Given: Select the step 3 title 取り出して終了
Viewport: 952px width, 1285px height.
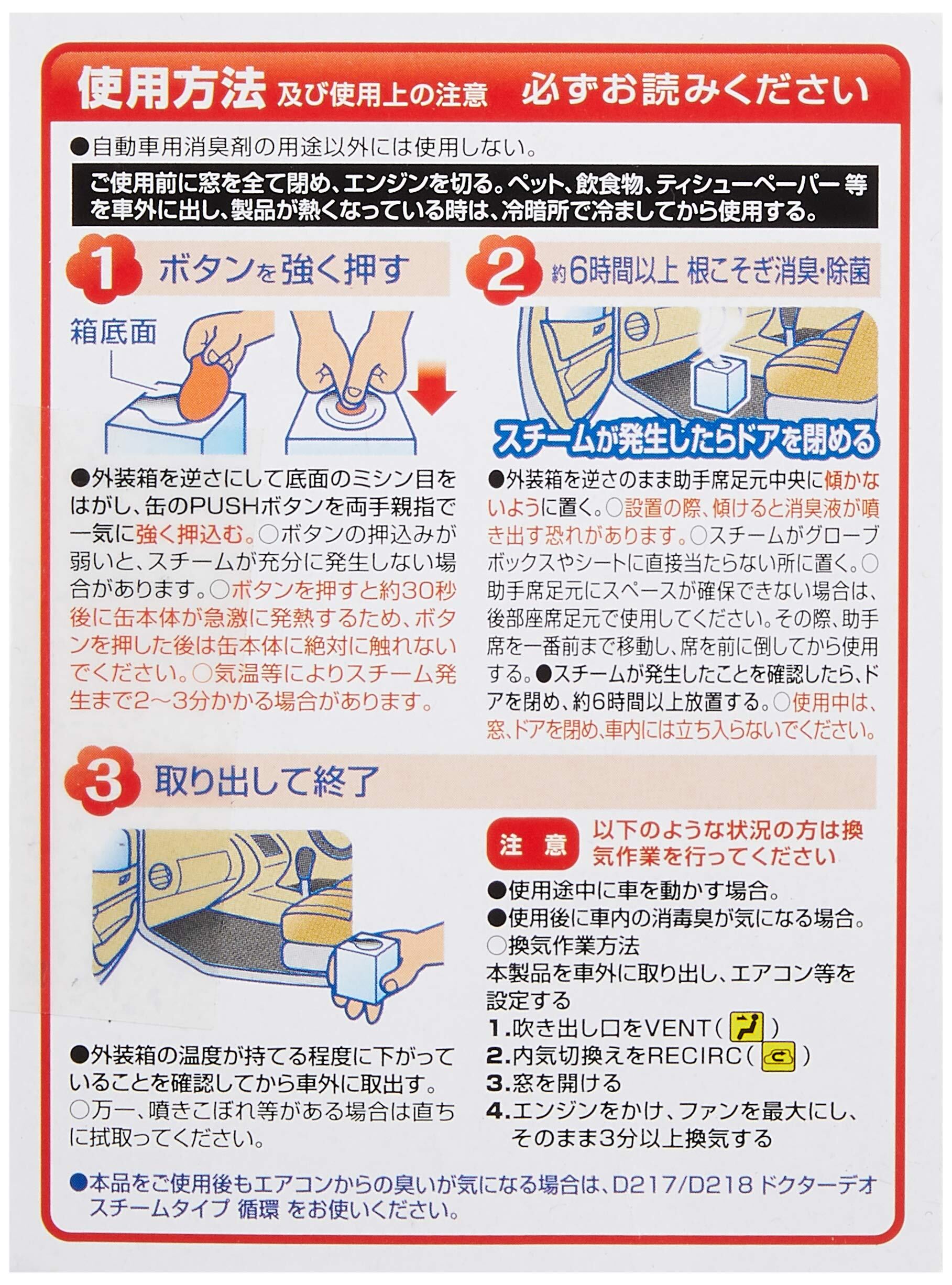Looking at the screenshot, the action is coord(266,781).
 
